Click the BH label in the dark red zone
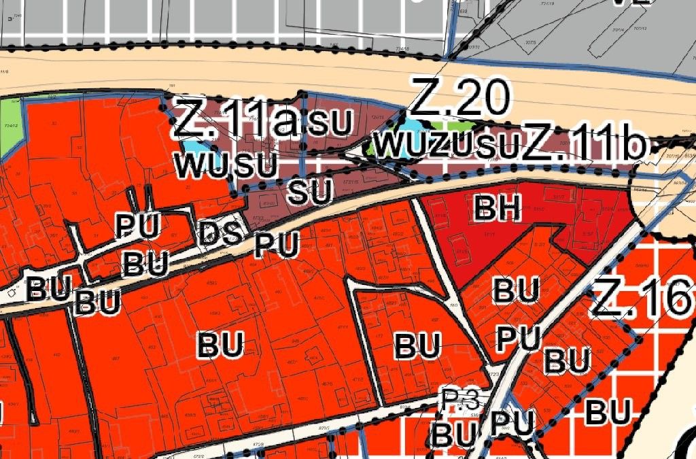pos(498,209)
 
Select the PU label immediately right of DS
pos(277,245)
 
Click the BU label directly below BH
pos(517,290)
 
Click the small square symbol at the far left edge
pos(12,293)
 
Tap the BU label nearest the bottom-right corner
pos(609,411)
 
